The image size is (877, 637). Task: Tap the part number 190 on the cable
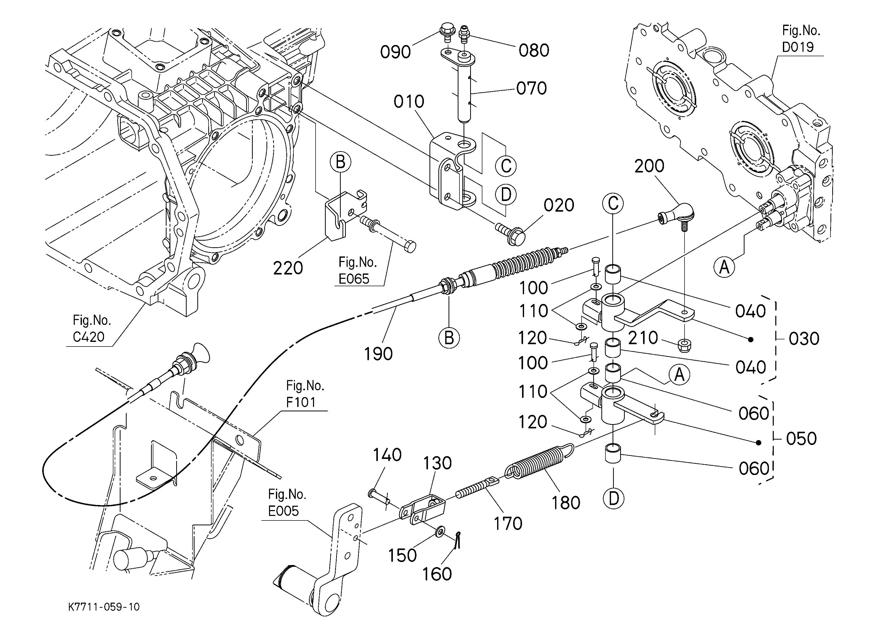378,354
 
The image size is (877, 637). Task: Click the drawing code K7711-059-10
104,607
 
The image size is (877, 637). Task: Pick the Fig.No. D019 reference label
801,39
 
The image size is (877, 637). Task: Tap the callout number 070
531,89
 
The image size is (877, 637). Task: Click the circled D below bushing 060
614,499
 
